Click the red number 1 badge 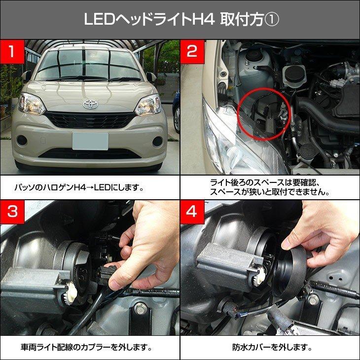(12, 52)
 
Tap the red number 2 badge (192, 52)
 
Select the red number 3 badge (12, 212)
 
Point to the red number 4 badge (192, 212)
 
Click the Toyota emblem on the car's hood (90, 105)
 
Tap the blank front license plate (90, 141)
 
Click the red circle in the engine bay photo (263, 114)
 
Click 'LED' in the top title (99, 19)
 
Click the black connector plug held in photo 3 (107, 275)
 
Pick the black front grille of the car (90, 120)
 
